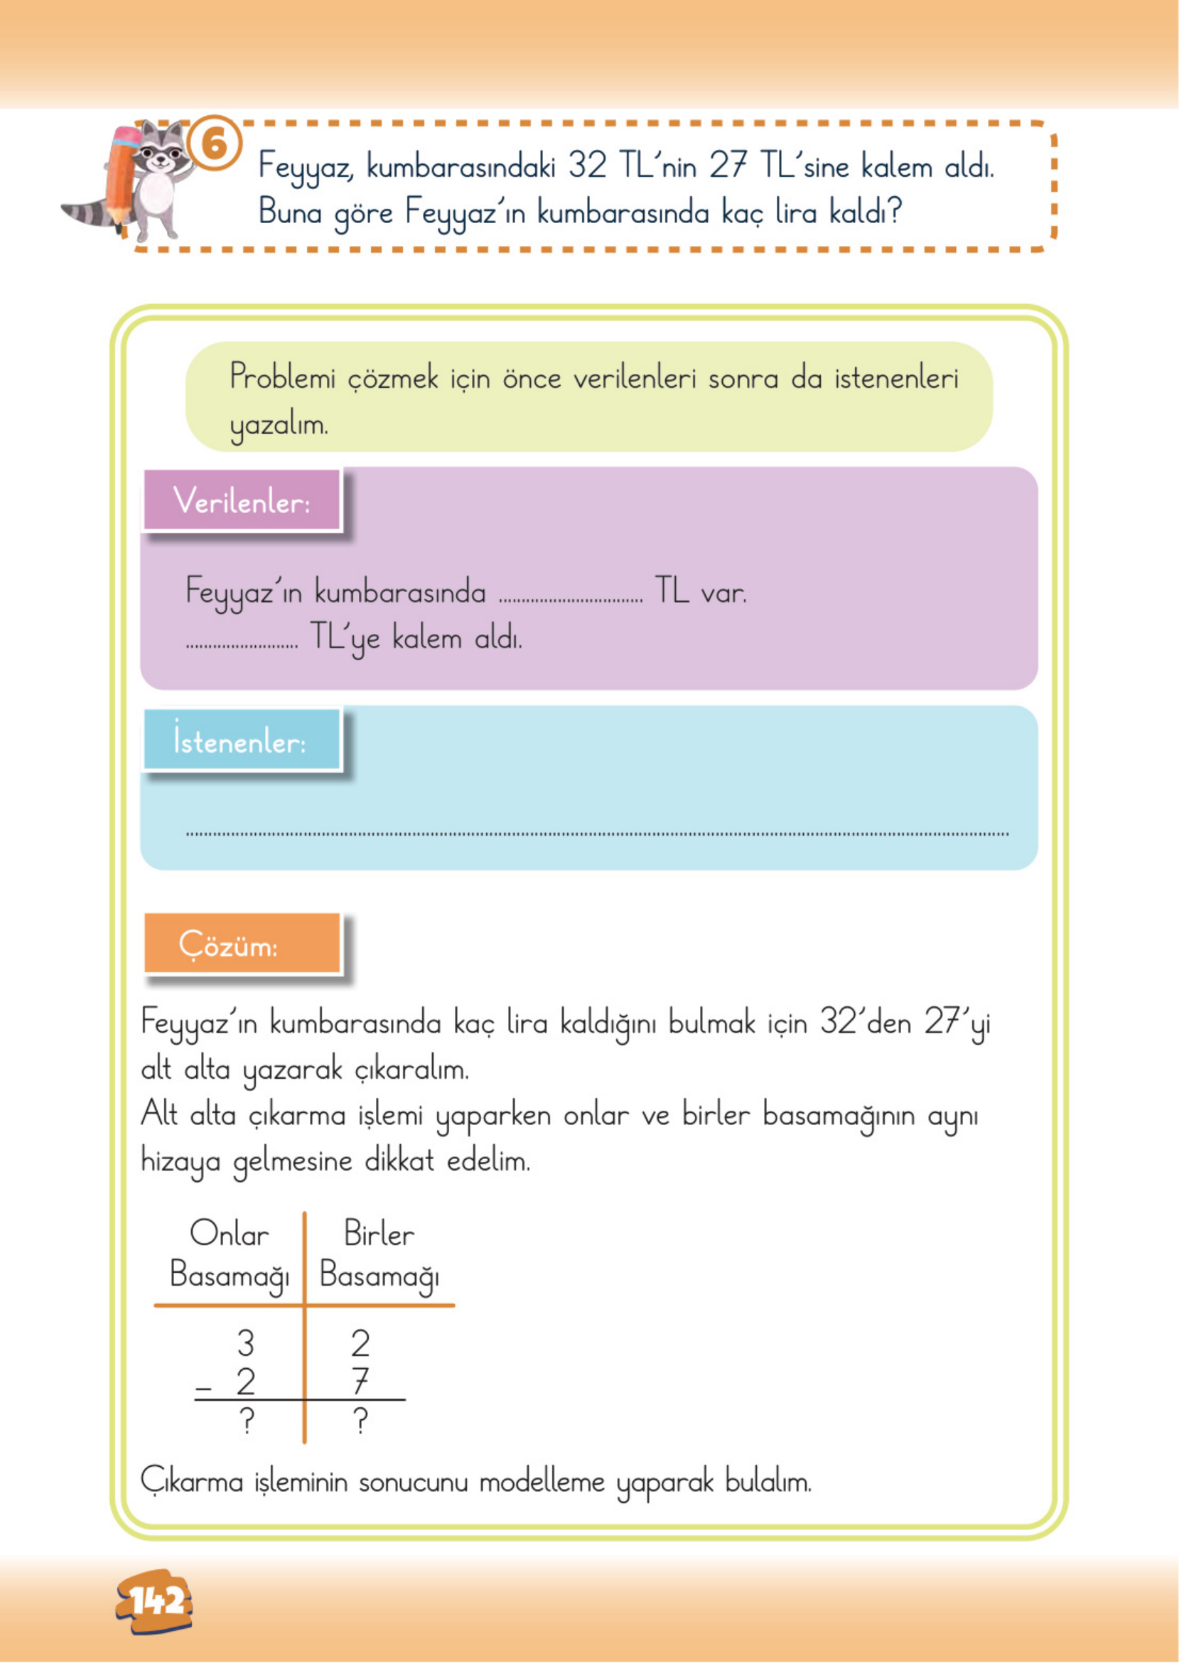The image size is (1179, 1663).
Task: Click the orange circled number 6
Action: [215, 144]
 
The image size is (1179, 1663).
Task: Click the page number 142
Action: [154, 1600]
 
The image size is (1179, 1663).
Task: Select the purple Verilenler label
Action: [242, 501]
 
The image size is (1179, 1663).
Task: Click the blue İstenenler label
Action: [241, 740]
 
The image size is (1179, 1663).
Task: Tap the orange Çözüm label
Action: [242, 944]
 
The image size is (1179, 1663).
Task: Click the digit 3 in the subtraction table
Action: [246, 1344]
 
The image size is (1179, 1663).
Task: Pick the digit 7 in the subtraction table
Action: [361, 1382]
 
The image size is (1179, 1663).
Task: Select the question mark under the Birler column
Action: [361, 1421]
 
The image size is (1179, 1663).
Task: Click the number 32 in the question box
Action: [587, 166]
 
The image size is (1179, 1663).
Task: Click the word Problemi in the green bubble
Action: [283, 377]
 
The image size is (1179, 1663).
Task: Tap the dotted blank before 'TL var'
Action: [571, 598]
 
